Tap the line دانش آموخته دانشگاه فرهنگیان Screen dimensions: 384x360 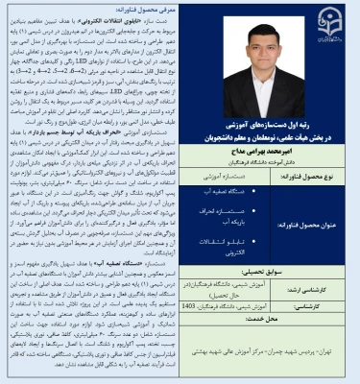(x=277, y=160)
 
